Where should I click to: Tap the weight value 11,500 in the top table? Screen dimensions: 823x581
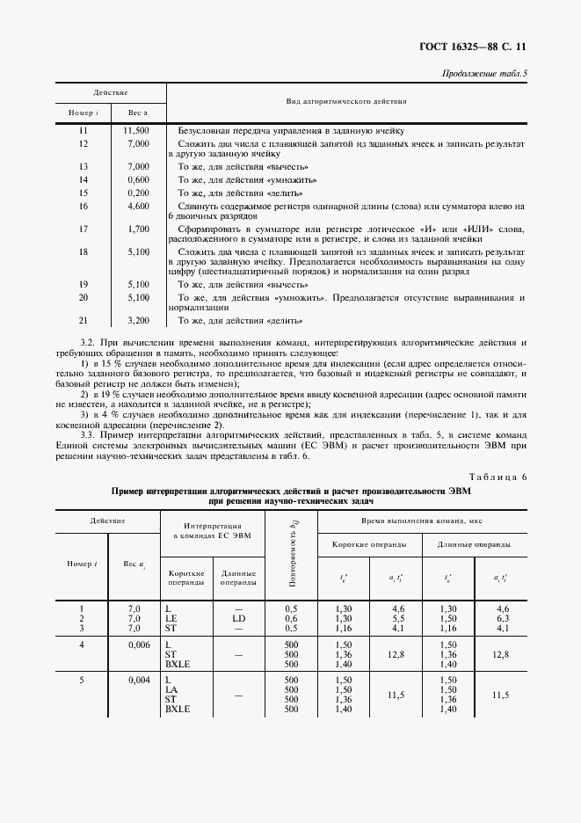[x=137, y=130]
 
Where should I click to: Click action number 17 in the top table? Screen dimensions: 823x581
[x=84, y=229]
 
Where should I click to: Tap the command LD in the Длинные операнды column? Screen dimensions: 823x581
[x=238, y=619]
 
